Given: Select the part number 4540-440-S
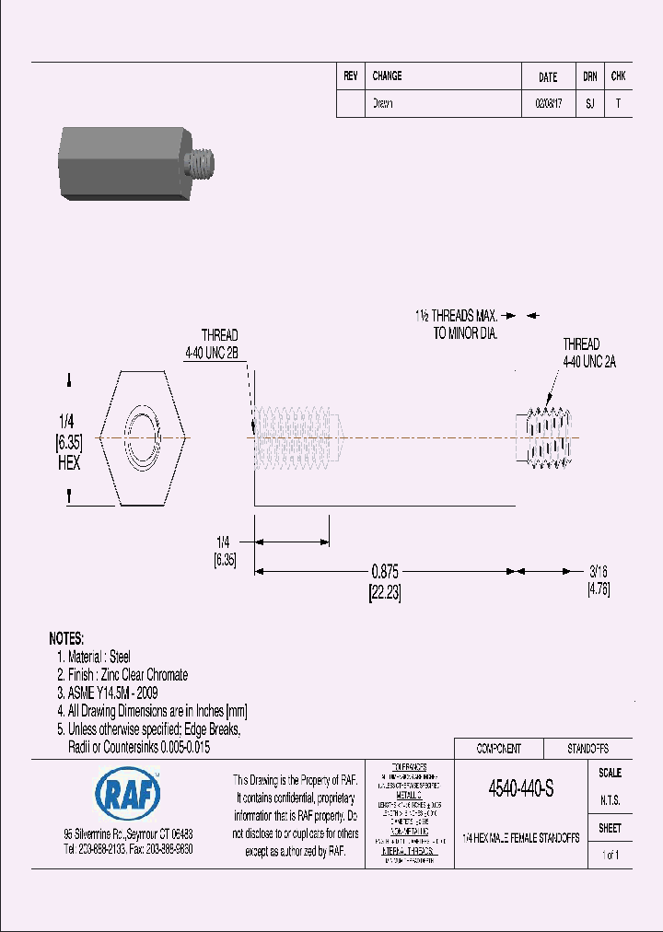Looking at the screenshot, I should click(x=520, y=789).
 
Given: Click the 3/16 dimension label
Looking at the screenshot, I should click(x=599, y=571).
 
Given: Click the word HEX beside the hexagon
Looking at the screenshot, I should click(x=68, y=463).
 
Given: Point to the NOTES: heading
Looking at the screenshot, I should click(x=66, y=638).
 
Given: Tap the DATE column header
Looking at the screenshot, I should click(x=548, y=77).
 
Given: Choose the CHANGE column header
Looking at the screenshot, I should click(x=387, y=76).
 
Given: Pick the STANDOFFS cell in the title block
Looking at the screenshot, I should click(x=587, y=749).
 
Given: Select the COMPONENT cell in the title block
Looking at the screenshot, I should click(x=498, y=749).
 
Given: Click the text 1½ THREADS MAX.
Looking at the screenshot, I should click(x=456, y=315).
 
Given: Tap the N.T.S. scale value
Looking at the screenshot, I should click(x=611, y=801).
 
